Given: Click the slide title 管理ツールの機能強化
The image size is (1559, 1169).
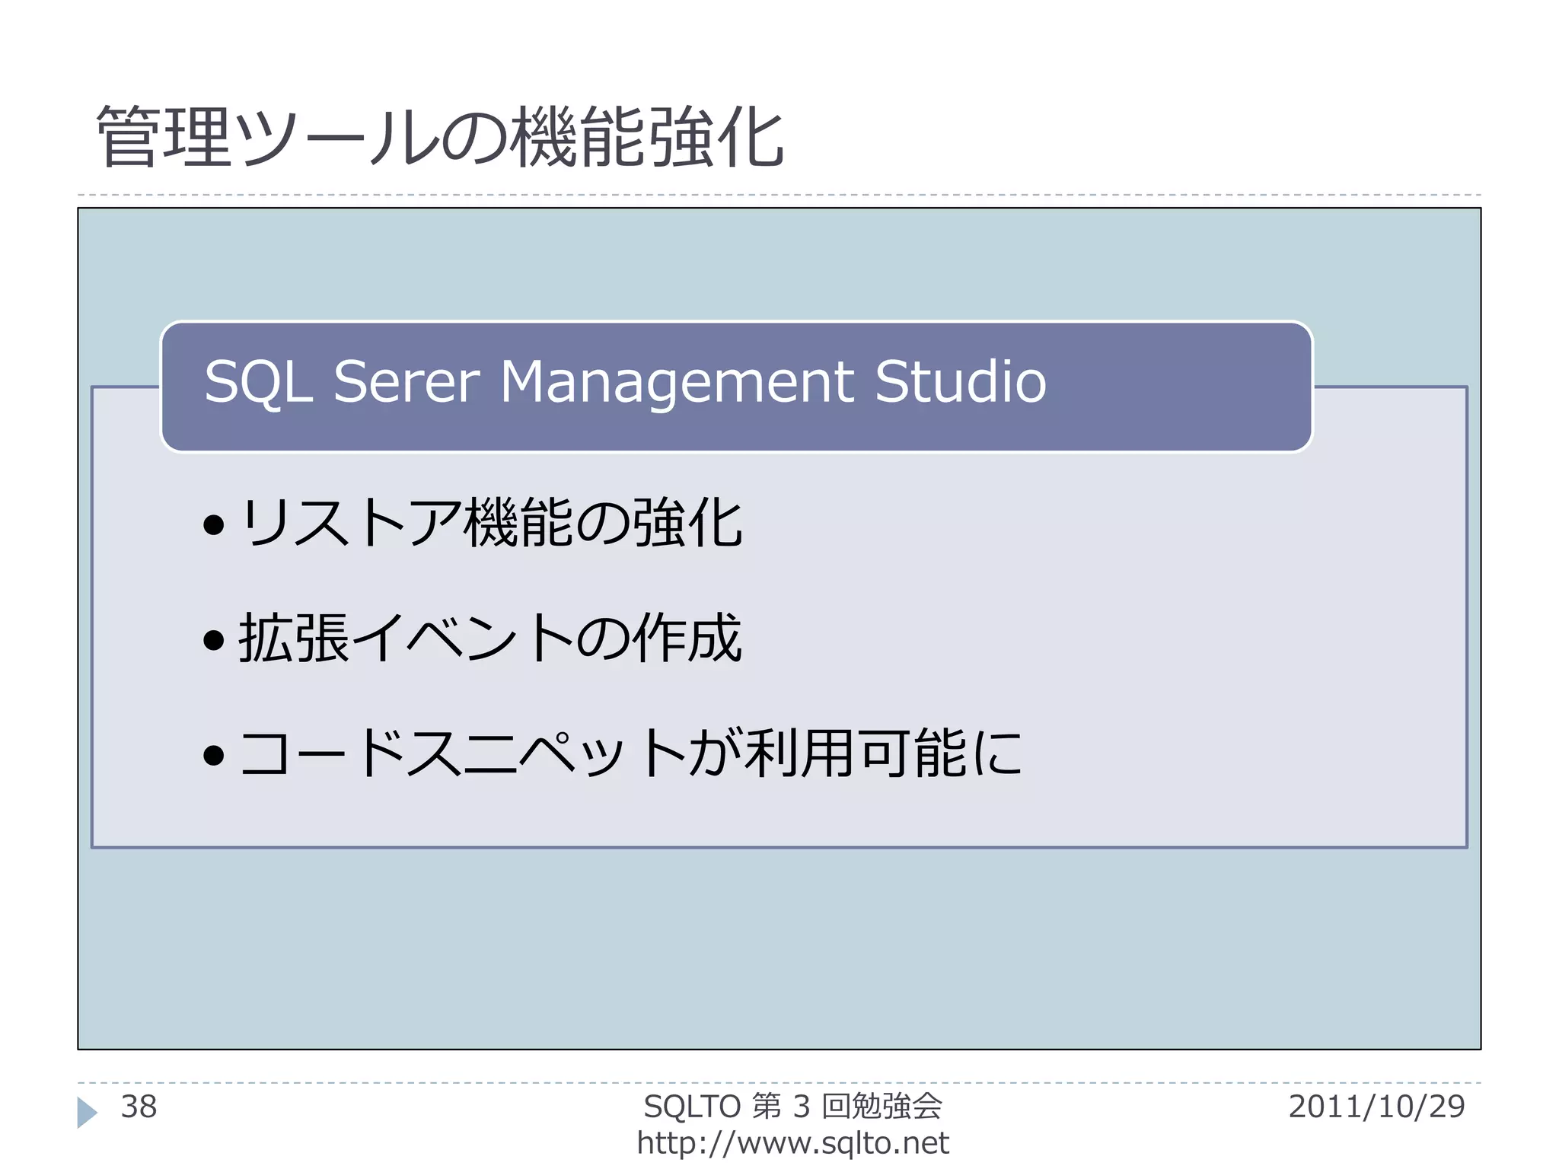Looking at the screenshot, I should [440, 138].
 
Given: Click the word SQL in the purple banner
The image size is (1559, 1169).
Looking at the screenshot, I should [259, 382].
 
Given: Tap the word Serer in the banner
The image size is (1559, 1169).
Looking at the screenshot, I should [406, 382].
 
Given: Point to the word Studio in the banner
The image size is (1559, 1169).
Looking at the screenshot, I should [960, 382].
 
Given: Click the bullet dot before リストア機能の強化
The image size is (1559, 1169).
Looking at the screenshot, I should [214, 524].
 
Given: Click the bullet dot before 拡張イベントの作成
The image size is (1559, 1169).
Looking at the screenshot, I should [214, 639].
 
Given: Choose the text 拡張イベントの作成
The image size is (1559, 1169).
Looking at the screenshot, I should [490, 638].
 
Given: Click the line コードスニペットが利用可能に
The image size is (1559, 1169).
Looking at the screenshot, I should [630, 753].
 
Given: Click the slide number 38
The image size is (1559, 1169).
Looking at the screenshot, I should [139, 1107].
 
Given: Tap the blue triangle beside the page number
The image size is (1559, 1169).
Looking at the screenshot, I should [87, 1112].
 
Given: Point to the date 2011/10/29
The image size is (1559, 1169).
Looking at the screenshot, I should [1376, 1107].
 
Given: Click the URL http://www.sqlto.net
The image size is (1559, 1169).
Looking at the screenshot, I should [792, 1143].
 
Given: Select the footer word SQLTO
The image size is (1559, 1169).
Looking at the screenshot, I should [692, 1107].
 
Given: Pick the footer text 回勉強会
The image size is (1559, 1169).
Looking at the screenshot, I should [882, 1107].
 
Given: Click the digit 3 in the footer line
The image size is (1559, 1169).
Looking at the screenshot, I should [801, 1107].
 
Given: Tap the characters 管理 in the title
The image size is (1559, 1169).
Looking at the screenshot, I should [164, 138].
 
